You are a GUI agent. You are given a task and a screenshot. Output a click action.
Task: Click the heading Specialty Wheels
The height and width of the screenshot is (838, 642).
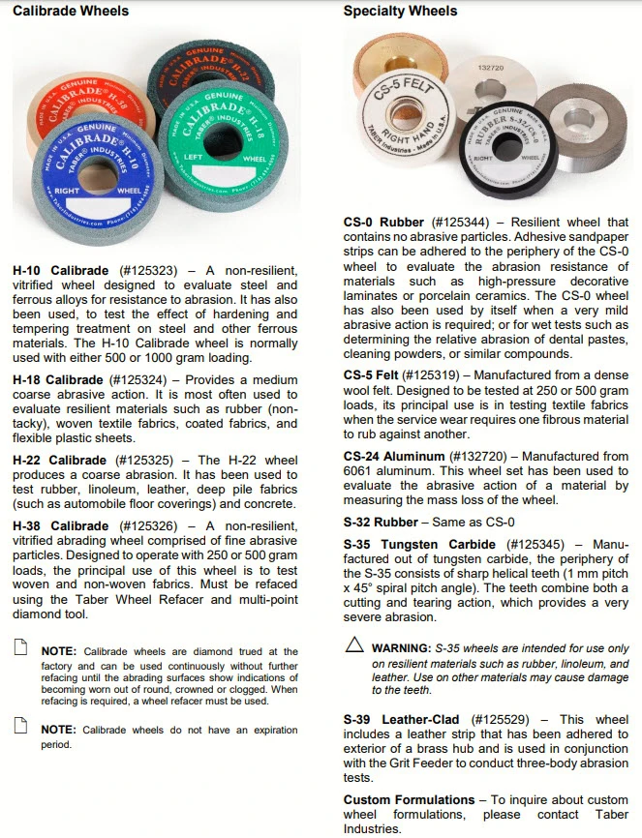(400, 12)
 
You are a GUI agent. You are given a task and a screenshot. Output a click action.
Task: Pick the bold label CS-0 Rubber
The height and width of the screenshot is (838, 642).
(383, 222)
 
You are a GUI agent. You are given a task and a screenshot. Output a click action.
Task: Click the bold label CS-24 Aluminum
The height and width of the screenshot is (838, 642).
(400, 455)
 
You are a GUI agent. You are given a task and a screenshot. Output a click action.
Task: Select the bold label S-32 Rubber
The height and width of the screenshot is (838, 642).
(381, 523)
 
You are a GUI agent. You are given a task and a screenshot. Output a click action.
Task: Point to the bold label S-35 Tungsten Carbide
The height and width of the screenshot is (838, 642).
(418, 545)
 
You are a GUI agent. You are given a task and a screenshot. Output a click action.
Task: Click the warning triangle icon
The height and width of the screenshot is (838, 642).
(354, 644)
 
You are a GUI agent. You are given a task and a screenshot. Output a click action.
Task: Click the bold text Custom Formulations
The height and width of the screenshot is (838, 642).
(408, 800)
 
